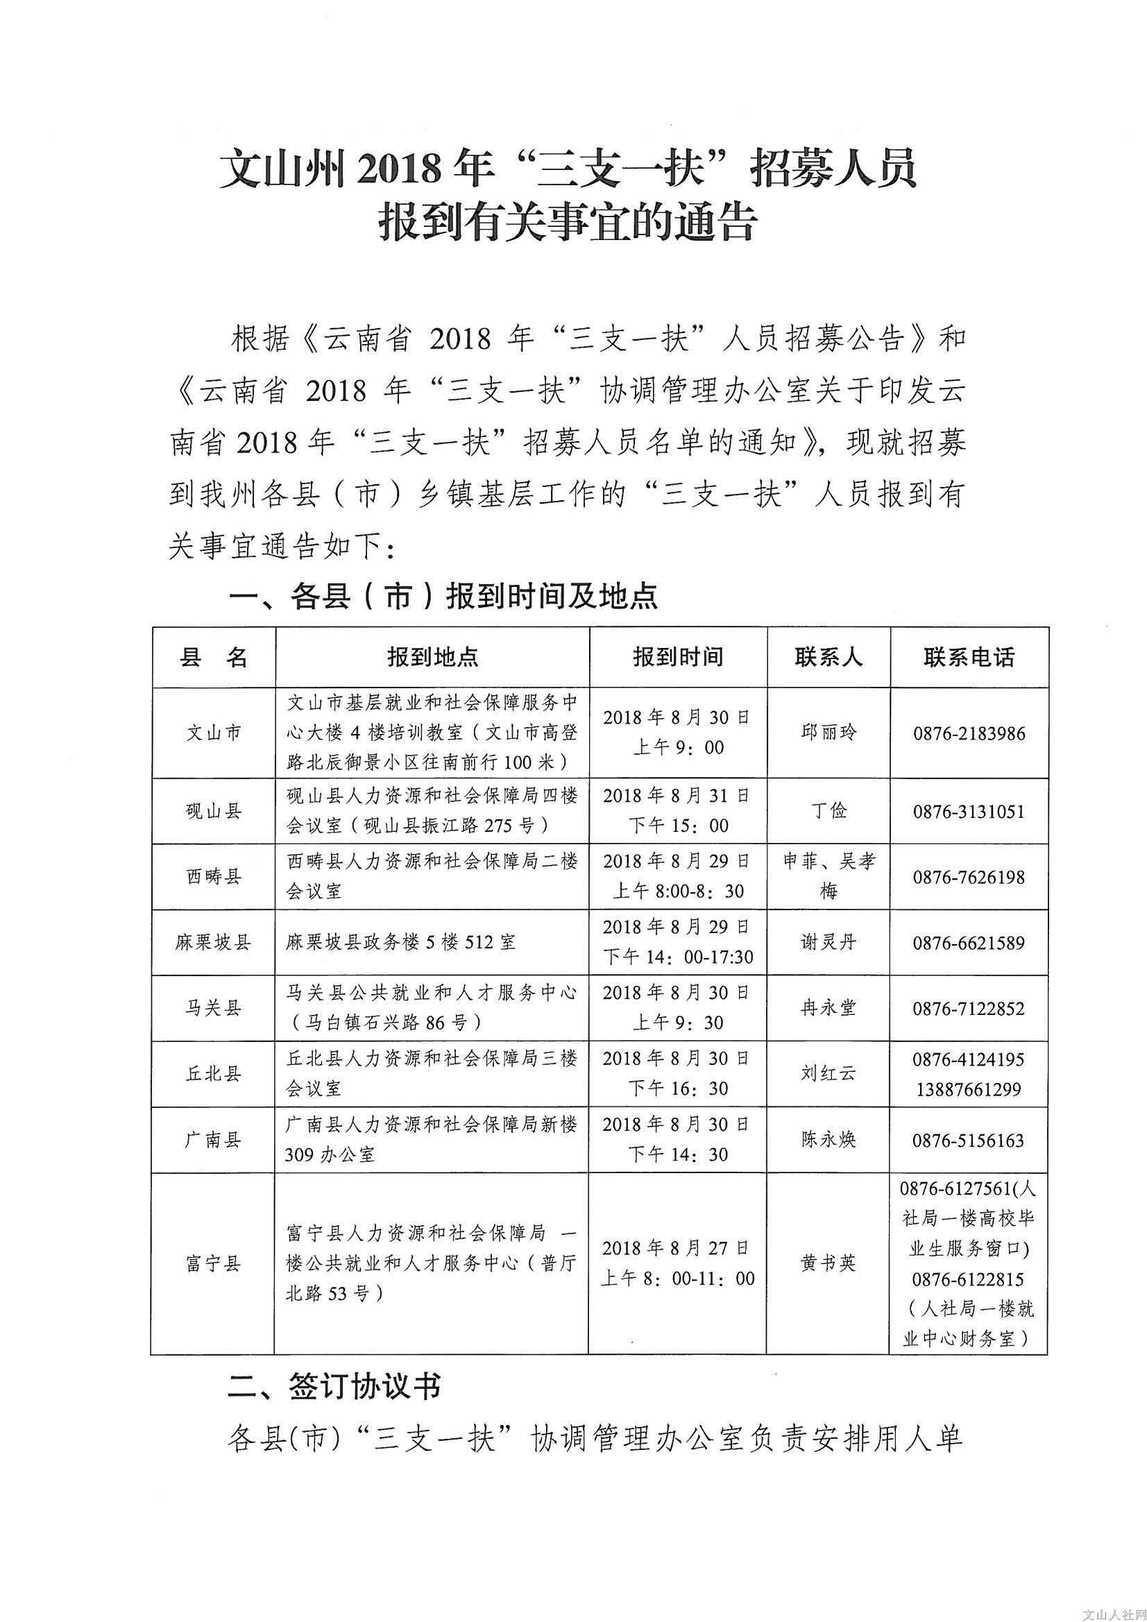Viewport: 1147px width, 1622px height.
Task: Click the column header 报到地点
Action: tap(432, 657)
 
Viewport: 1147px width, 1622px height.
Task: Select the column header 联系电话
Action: tap(968, 657)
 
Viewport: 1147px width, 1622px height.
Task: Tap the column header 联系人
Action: tap(829, 657)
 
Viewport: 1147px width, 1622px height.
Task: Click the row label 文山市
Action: tap(214, 733)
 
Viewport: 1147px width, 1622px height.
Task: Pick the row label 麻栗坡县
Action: tap(214, 942)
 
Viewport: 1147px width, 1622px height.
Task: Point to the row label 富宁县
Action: tap(214, 1263)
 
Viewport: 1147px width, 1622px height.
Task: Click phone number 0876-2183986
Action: tap(968, 733)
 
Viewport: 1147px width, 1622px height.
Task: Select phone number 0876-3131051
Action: tap(968, 811)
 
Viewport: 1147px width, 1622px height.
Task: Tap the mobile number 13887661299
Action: tap(968, 1089)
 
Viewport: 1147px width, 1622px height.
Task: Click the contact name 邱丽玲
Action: tap(829, 733)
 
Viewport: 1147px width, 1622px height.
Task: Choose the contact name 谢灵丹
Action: tap(829, 942)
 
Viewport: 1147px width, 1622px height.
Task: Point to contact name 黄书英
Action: tap(829, 1263)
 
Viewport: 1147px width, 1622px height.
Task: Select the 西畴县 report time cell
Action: tap(678, 876)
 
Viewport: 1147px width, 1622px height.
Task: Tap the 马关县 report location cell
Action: tap(432, 1007)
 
